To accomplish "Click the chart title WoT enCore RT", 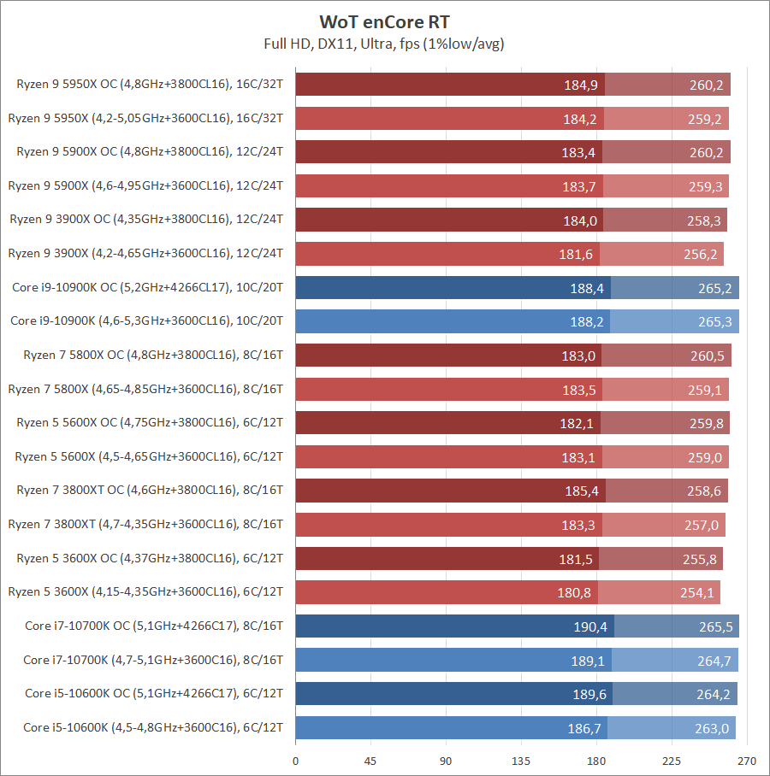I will [384, 21].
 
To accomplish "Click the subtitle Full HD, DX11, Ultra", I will [384, 44].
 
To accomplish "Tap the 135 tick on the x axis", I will [521, 760].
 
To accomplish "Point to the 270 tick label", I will [747, 760].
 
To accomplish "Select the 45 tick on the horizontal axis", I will [370, 760].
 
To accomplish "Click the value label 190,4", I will [590, 626].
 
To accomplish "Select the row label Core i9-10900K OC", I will [148, 287].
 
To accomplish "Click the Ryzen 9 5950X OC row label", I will [150, 84].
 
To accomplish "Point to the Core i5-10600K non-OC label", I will [153, 727].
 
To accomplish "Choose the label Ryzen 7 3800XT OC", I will [150, 490].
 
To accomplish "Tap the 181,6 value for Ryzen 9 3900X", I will [576, 253].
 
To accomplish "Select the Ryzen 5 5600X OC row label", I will [150, 422].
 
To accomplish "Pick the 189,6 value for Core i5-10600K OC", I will [589, 694].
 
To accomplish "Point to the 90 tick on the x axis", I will [446, 760].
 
